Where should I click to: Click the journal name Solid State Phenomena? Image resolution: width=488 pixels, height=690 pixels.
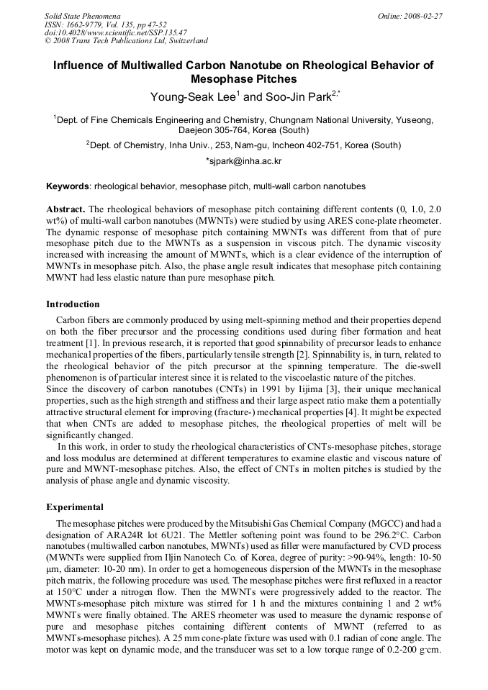pyautogui.click(x=82, y=15)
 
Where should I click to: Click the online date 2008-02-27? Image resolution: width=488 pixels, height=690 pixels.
pyautogui.click(x=423, y=15)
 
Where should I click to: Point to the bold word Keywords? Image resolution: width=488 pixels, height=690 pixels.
pyautogui.click(x=68, y=186)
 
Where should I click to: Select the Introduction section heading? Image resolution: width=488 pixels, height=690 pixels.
pyautogui.click(x=73, y=304)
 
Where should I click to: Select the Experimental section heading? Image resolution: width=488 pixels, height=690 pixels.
pyautogui.click(x=74, y=507)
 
